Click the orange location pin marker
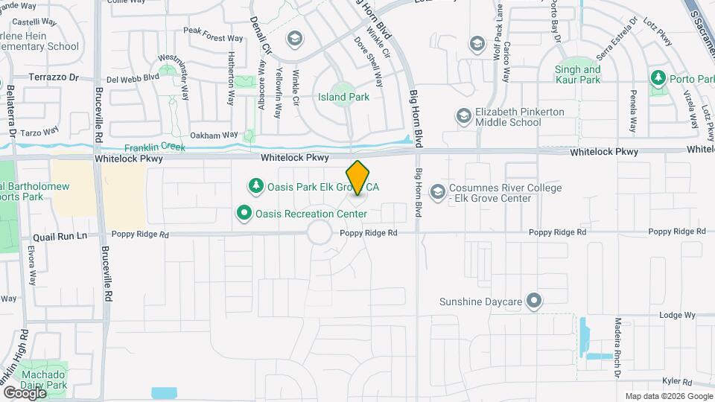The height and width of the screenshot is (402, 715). point(358,178)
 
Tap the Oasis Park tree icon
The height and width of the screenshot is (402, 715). point(255,186)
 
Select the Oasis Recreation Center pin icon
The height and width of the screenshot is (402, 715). point(244,214)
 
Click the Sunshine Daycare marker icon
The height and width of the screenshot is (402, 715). point(533,301)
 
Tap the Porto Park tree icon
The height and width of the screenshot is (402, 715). point(658,77)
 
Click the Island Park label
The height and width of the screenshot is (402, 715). point(343,97)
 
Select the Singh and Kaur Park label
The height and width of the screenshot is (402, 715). point(578,74)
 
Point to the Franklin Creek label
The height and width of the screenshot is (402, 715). point(154,147)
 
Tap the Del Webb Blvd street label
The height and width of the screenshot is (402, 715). point(133,77)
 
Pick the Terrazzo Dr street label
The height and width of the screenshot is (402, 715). point(54,77)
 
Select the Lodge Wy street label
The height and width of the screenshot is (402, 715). point(676,316)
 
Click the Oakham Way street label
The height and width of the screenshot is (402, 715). point(214,135)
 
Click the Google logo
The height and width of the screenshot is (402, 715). point(25,392)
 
